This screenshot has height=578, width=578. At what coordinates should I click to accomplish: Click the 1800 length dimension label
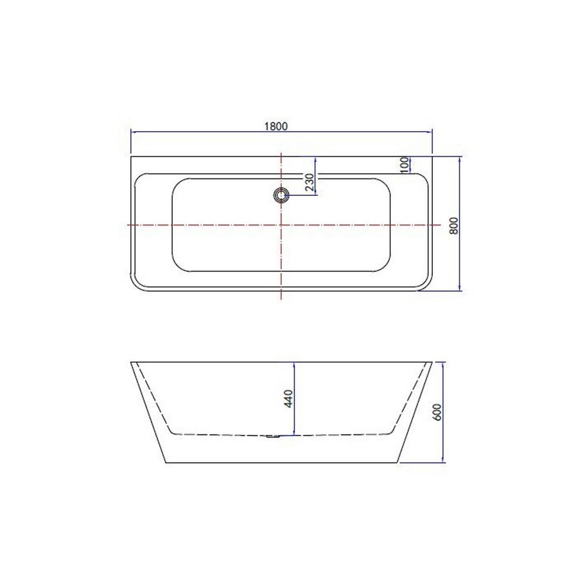281,126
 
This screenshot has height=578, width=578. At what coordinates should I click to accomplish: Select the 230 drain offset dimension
309,182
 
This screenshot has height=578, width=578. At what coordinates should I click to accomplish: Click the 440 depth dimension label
288,398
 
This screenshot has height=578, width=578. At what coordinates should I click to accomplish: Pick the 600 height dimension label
437,412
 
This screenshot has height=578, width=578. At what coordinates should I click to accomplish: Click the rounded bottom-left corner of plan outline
137,286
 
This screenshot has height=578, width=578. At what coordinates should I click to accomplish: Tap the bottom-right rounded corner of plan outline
425,286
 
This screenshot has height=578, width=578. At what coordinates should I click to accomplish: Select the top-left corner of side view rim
131,362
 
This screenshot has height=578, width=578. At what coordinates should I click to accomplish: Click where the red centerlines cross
281,225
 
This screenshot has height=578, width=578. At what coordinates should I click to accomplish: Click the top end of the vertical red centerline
281,153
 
